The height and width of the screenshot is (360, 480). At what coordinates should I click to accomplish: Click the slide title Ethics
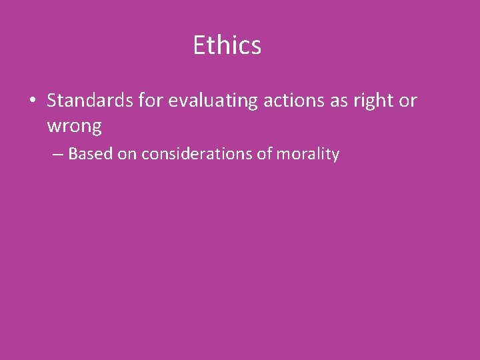227,45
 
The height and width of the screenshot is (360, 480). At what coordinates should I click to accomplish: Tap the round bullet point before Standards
32,101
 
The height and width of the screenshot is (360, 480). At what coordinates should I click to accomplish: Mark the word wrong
74,125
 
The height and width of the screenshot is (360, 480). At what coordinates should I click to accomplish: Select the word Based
91,154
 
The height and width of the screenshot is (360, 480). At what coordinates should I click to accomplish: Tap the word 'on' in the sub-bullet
127,155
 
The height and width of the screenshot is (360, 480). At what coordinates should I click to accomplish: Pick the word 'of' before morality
265,154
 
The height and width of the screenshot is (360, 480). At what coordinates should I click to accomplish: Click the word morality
309,155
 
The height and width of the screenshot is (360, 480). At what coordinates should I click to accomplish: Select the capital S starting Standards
52,101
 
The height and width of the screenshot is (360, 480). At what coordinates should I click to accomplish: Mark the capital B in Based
73,154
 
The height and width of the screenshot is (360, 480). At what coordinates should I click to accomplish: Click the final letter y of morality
335,156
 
